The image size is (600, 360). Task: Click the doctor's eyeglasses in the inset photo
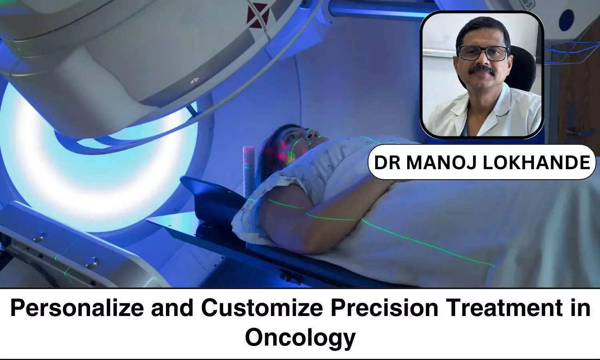point(483,53)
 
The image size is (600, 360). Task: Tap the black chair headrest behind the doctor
point(522,68)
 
